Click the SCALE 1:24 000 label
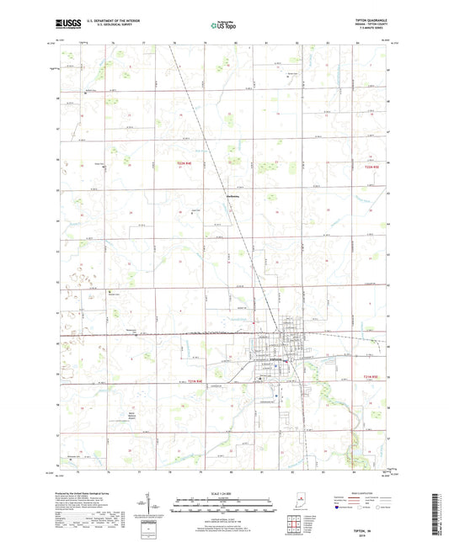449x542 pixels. click(224, 492)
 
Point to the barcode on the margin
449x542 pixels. click(439, 513)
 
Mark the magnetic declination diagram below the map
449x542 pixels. click(160, 505)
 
